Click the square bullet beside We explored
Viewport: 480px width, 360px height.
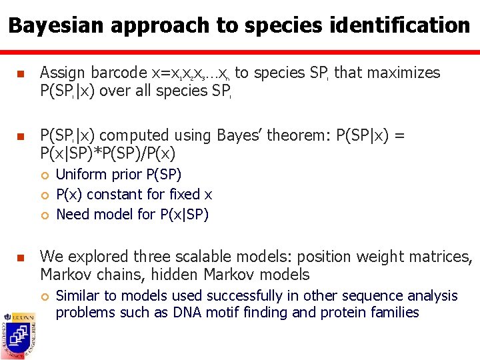click(x=20, y=257)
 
